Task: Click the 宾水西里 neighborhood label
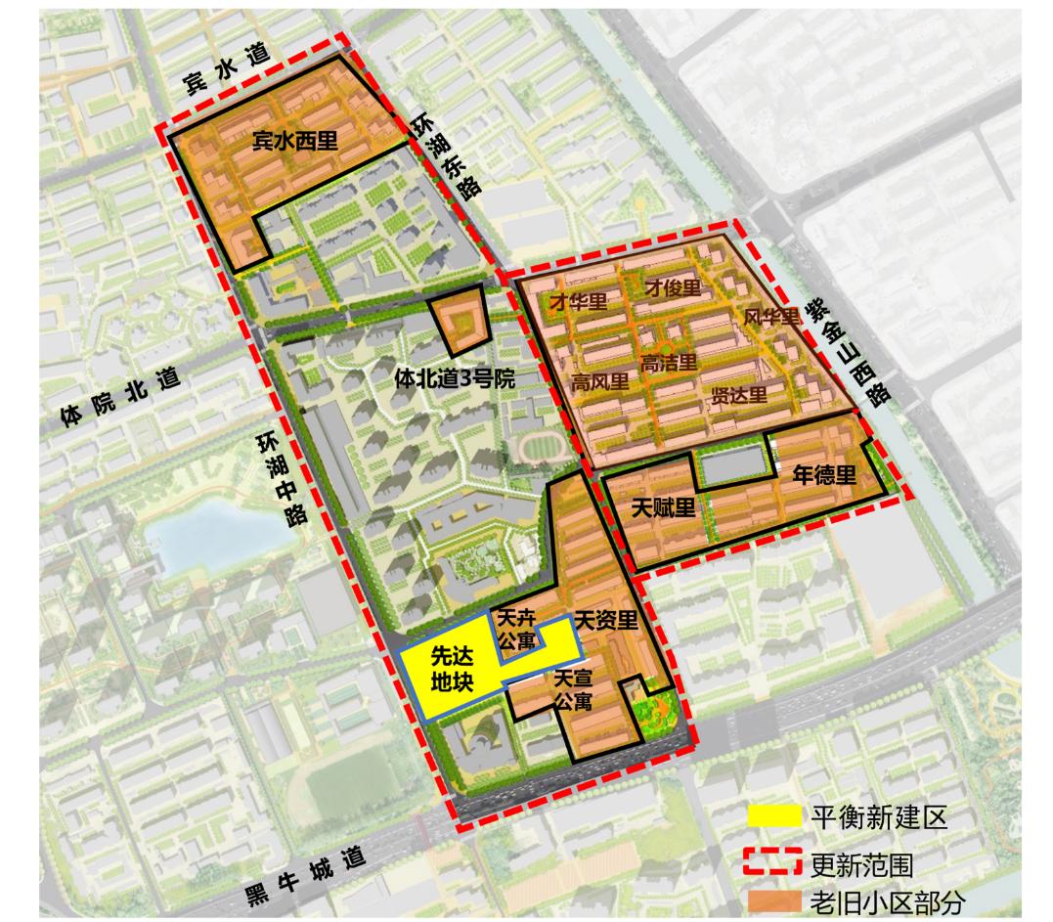tap(294, 141)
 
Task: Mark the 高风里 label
tap(601, 382)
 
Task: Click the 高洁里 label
tap(669, 363)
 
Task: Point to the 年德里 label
tap(823, 476)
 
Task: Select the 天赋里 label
tap(662, 507)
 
